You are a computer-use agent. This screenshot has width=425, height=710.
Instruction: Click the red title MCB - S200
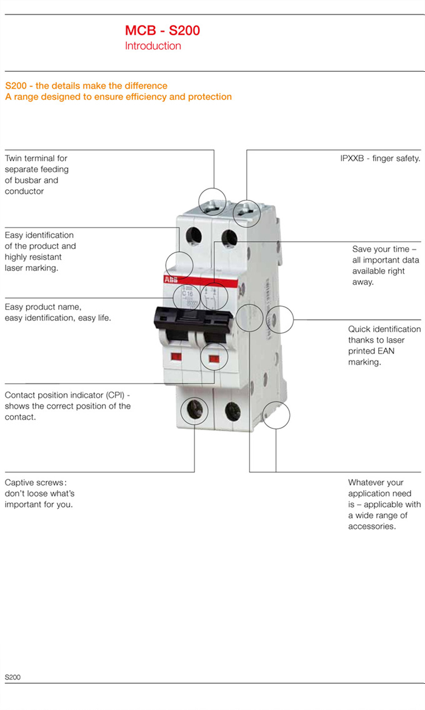pyautogui.click(x=162, y=31)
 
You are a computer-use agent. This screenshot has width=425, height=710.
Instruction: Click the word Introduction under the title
pyautogui.click(x=153, y=46)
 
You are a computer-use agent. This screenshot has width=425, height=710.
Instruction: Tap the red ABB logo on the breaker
pyautogui.click(x=171, y=280)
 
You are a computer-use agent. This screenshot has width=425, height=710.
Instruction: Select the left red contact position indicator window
pyautogui.click(x=176, y=357)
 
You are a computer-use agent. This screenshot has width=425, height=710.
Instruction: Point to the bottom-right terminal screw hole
pyautogui.click(x=232, y=412)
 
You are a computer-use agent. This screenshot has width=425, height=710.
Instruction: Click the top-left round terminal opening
pyautogui.click(x=193, y=237)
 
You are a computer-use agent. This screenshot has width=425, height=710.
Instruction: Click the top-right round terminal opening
pyautogui.click(x=229, y=238)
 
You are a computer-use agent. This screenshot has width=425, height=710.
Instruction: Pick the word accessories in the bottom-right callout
pyautogui.click(x=372, y=526)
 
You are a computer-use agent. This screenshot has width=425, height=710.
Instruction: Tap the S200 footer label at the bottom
pyautogui.click(x=12, y=677)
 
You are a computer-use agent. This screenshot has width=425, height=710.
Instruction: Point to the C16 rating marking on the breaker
pyautogui.click(x=187, y=292)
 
